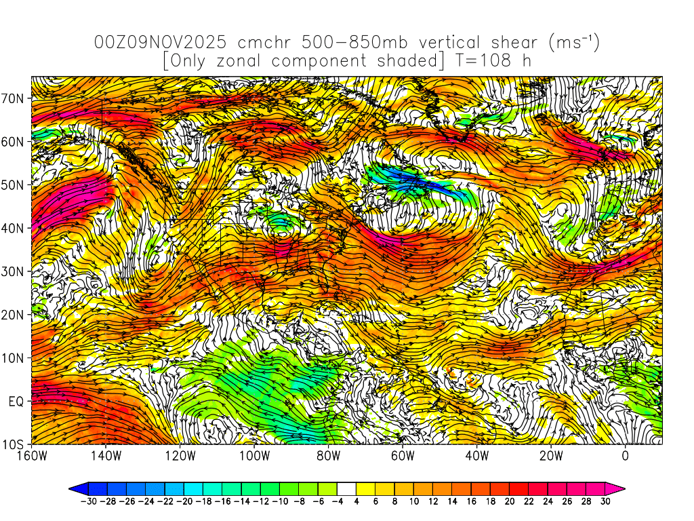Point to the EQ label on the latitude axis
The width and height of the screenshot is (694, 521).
click(16, 402)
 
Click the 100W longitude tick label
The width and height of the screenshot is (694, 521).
click(254, 456)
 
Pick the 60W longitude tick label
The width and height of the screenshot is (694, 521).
click(403, 456)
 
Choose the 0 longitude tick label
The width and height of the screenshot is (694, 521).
click(625, 456)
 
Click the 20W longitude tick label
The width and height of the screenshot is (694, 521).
click(551, 456)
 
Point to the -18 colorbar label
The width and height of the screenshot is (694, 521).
click(203, 502)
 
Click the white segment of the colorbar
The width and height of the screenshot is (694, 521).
click(347, 488)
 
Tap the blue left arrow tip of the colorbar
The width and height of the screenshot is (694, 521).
click(73, 488)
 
